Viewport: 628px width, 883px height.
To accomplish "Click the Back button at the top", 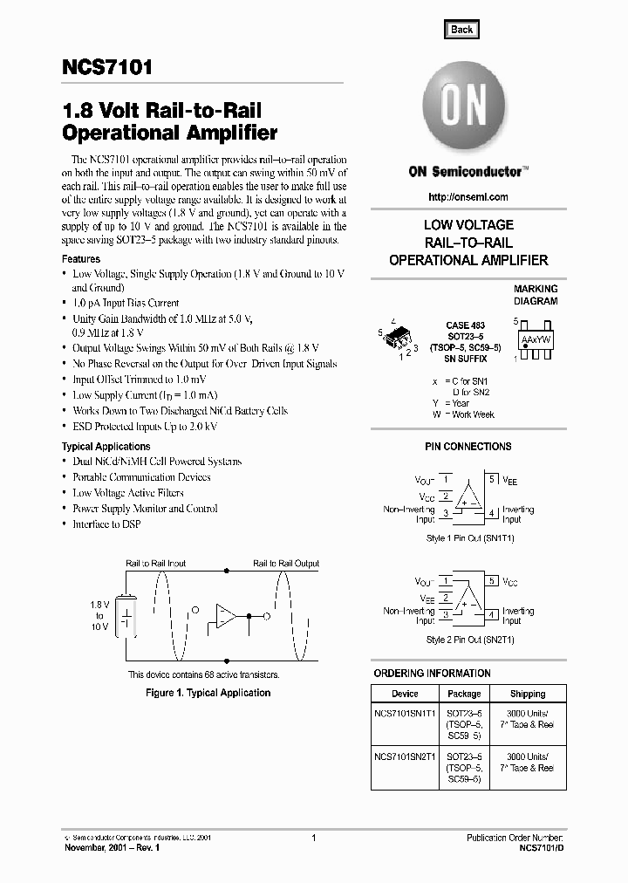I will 461,30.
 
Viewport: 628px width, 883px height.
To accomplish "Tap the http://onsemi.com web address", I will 469,197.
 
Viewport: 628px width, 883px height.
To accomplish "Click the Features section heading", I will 80,259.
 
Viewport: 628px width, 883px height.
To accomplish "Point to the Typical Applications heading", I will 106,447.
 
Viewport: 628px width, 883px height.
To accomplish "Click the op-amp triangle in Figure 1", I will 226,616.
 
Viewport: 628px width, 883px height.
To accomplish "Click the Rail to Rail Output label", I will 286,565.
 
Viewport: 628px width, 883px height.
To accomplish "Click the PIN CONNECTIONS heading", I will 468,447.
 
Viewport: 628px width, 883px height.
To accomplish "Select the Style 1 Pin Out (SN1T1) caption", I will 469,538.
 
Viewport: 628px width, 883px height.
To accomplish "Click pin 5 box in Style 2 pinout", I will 492,581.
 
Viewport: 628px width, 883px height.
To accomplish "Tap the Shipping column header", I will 527,694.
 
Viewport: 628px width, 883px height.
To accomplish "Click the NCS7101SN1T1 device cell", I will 405,713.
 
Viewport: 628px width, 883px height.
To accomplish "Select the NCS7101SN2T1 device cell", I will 405,756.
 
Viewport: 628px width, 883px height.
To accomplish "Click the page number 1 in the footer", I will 313,838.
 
